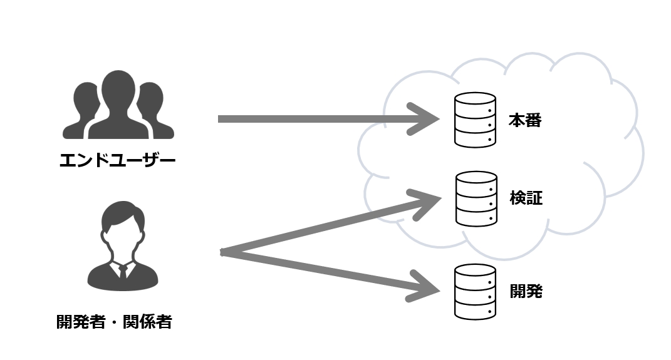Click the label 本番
(x=524, y=121)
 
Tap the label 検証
(x=526, y=199)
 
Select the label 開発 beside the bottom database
(x=526, y=292)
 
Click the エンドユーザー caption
(x=118, y=162)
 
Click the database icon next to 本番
(x=475, y=120)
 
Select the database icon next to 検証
(x=476, y=198)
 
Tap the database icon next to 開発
(x=475, y=291)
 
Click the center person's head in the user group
(x=118, y=91)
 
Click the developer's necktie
(x=123, y=272)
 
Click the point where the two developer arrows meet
(x=223, y=252)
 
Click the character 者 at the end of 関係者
(x=164, y=322)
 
